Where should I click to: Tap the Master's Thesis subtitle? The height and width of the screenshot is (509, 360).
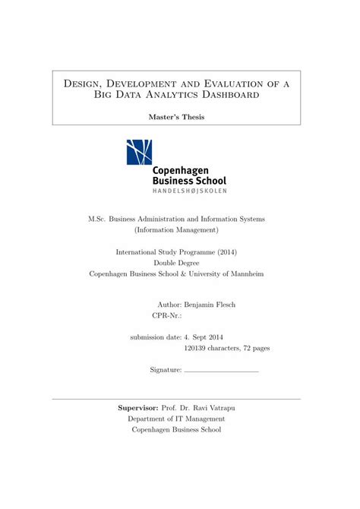tap(176, 117)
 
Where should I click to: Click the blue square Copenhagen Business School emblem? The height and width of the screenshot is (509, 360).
tap(139, 152)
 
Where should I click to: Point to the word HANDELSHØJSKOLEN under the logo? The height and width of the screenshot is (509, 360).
tap(189, 191)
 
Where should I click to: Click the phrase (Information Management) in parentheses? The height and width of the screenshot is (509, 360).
tap(176, 229)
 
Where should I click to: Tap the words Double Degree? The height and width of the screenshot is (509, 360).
tap(176, 263)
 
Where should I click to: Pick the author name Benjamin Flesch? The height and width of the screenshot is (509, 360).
tap(210, 305)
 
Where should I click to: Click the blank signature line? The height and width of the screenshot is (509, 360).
tap(221, 371)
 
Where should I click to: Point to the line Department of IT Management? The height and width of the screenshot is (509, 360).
tap(176, 419)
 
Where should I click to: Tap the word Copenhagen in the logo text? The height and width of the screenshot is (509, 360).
tap(180, 171)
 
